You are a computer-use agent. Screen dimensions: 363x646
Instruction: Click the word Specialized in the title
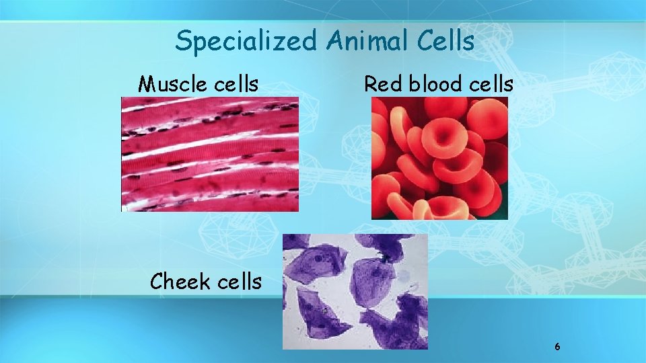coord(246,42)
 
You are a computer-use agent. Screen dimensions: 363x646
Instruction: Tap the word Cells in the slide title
coord(447,42)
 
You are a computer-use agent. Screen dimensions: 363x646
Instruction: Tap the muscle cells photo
coord(209,154)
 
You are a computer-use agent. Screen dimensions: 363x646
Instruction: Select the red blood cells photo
coord(439,158)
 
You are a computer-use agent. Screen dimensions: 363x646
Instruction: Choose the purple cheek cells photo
coord(355,291)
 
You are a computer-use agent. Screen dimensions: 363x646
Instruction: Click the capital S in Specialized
coord(182,42)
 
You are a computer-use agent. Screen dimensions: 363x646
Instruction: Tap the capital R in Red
coord(369,84)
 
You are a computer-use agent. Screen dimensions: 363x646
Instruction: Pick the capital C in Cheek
coord(157,282)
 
